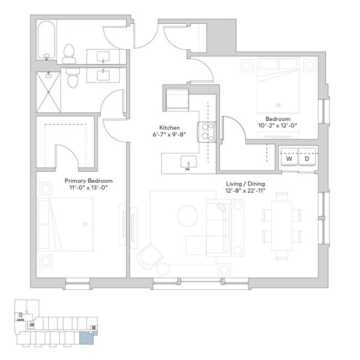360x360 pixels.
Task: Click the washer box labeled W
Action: tap(289, 159)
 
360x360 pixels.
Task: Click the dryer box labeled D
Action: tap(307, 159)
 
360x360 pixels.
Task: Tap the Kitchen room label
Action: tap(168, 127)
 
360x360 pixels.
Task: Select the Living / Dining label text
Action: tap(245, 183)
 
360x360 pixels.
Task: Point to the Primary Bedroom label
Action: tap(89, 181)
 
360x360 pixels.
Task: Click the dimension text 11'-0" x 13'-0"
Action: tap(89, 188)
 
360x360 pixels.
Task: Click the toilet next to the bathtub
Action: tap(69, 53)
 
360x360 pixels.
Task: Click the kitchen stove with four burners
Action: tap(208, 133)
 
